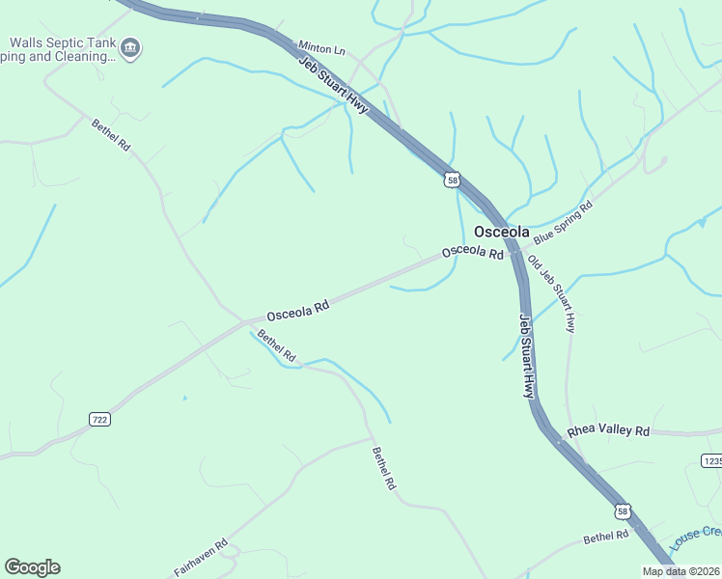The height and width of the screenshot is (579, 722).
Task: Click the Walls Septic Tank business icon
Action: [x=132, y=47]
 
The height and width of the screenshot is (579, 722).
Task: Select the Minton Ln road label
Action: [x=321, y=46]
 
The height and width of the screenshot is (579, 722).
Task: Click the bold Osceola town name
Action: [x=502, y=232]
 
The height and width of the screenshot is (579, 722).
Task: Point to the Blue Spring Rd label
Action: [x=563, y=223]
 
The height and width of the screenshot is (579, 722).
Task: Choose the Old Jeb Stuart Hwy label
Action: [x=552, y=295]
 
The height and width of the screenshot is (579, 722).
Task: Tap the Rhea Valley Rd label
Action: [x=608, y=430]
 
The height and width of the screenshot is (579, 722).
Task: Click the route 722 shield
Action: [x=98, y=419]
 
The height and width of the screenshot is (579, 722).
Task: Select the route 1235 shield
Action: [x=712, y=461]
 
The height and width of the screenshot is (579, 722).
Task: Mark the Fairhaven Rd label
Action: [x=201, y=558]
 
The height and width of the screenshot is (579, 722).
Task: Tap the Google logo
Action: [x=32, y=567]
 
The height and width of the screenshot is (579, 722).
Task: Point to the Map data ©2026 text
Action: [x=680, y=571]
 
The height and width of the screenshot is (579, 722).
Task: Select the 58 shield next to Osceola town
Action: [x=452, y=179]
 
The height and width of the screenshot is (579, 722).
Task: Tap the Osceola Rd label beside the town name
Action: [x=473, y=252]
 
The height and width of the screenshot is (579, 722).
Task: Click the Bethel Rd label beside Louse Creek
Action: [x=606, y=536]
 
